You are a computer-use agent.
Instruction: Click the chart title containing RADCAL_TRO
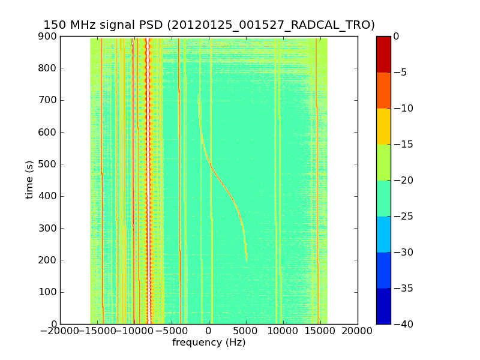coord(209,25)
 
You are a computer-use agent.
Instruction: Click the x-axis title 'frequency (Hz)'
coord(209,343)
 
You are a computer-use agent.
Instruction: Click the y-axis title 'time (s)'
coord(29,180)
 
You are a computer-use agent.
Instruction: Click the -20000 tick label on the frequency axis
coord(59,331)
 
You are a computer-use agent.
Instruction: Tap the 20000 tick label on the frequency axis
coord(358,331)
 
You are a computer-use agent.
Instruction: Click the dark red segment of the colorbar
coord(383,54)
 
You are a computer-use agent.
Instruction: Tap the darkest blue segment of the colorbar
coord(383,306)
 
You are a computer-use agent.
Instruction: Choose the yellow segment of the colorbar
coord(383,126)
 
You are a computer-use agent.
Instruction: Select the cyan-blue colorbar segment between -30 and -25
coord(383,234)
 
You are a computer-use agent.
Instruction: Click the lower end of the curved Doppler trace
coord(246,259)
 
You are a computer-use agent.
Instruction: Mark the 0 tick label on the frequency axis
coord(209,331)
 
